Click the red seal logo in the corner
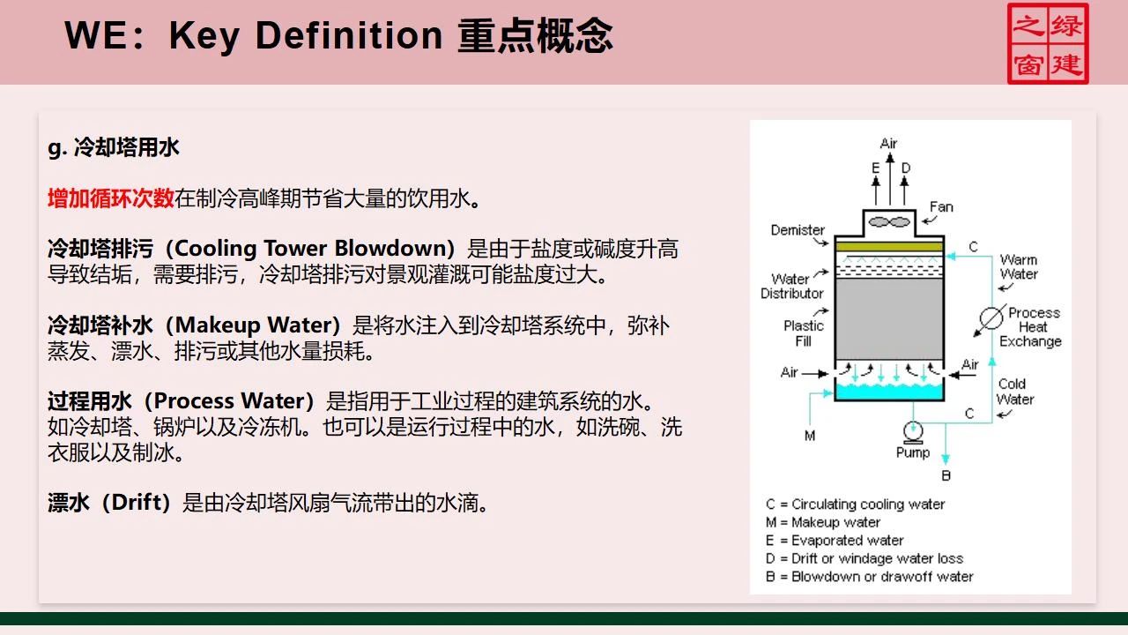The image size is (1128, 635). pyautogui.click(x=1048, y=43)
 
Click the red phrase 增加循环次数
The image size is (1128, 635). pyautogui.click(x=110, y=198)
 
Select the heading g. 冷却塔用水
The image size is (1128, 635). pyautogui.click(x=114, y=147)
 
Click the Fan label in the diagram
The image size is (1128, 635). pyautogui.click(x=941, y=207)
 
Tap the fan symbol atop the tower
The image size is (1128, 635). pyautogui.click(x=887, y=222)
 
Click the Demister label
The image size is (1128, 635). pyautogui.click(x=798, y=230)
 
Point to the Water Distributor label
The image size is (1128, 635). pyautogui.click(x=791, y=286)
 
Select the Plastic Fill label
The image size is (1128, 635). pyautogui.click(x=803, y=332)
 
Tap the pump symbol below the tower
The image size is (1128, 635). pyautogui.click(x=911, y=430)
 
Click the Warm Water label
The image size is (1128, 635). pyautogui.click(x=1018, y=266)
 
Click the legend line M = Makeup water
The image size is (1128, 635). pyautogui.click(x=823, y=522)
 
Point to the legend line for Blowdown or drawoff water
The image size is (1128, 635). pyautogui.click(x=869, y=577)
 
